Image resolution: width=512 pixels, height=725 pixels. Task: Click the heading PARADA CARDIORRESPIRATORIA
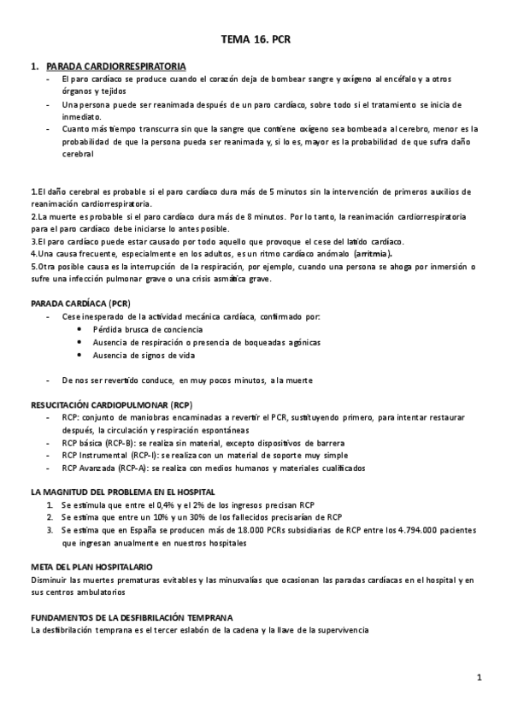[x=115, y=66]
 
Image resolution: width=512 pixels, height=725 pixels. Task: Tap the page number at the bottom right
[x=480, y=679]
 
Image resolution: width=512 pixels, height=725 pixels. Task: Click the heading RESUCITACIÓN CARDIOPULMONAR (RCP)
[x=111, y=404]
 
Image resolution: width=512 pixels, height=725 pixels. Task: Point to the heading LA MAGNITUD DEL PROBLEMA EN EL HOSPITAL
[x=122, y=492]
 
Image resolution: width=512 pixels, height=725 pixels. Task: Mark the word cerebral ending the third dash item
[x=78, y=155]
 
